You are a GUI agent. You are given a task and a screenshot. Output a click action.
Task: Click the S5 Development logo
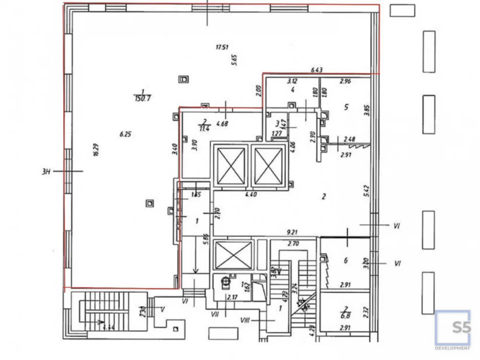[x=453, y=330]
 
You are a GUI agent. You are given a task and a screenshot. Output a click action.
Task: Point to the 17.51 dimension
[x=222, y=47]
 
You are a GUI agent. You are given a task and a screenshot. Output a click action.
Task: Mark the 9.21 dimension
[x=292, y=232]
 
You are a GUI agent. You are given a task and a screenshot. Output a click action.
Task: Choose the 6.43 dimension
[x=316, y=70]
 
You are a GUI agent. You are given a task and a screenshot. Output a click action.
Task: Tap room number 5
[x=346, y=107]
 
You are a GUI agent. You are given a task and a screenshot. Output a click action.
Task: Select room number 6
[x=345, y=261]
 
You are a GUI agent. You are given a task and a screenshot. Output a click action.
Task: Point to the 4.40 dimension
[x=251, y=195]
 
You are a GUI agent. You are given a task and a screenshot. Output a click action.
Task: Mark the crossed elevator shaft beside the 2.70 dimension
[x=234, y=255]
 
